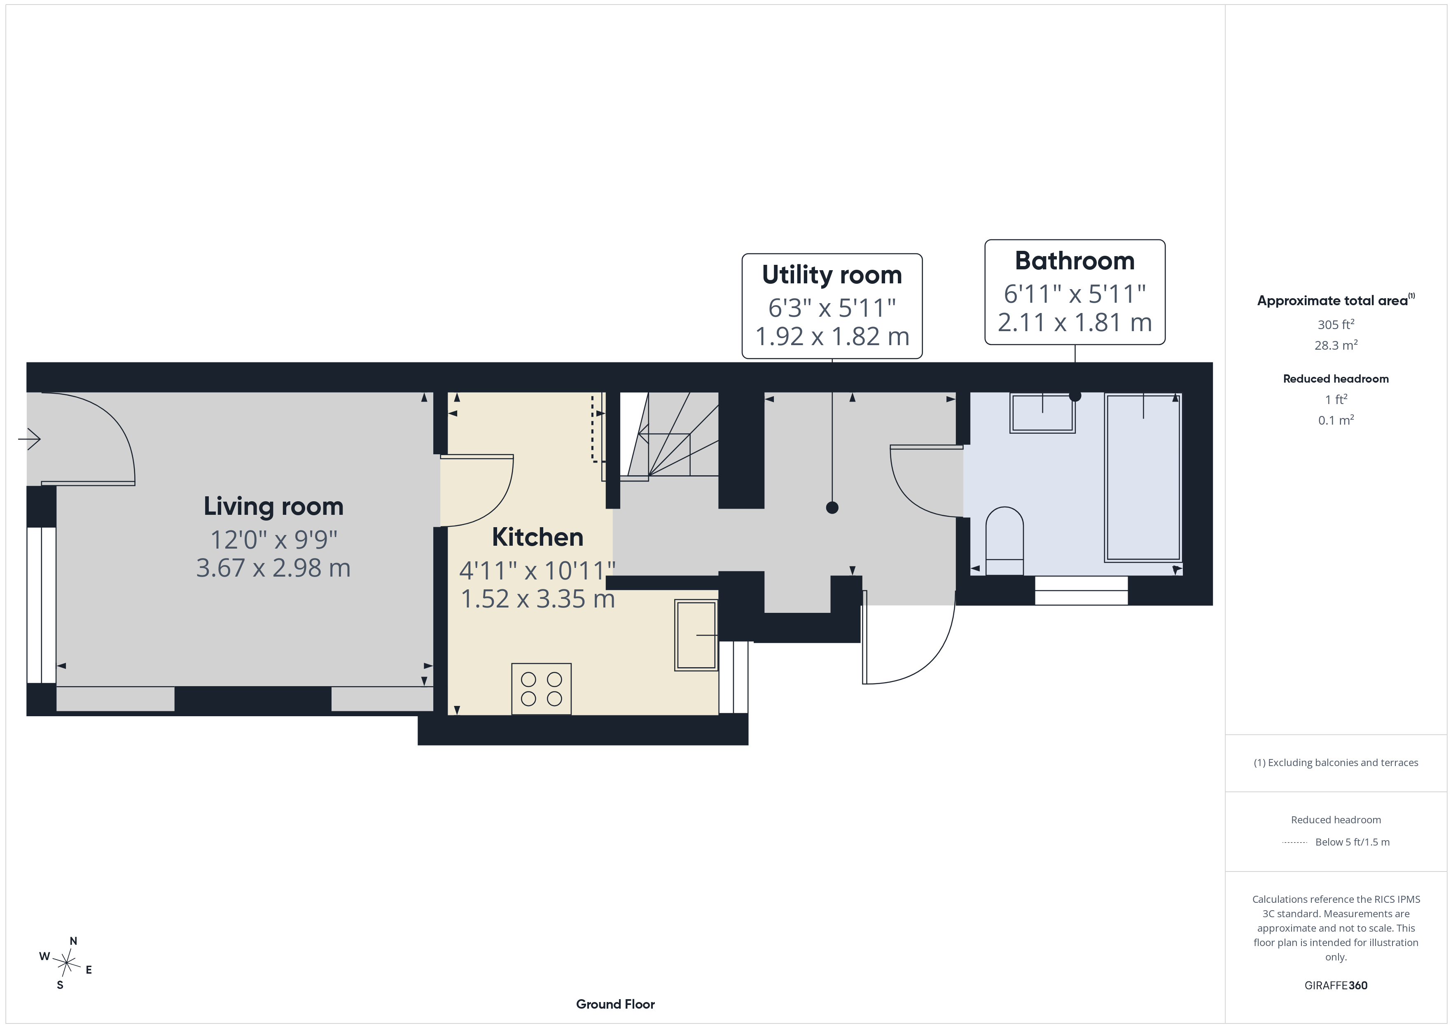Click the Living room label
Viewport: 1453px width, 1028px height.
coord(273,507)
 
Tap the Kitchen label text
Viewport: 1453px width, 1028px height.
coord(537,537)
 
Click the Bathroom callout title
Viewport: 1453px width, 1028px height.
coord(1075,261)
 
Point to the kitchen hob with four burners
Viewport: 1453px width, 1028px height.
coord(541,689)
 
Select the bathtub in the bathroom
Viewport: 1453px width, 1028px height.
coord(1142,477)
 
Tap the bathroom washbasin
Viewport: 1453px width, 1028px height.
coord(1042,413)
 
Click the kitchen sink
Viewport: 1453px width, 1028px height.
coord(696,635)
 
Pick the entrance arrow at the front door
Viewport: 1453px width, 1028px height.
coord(29,438)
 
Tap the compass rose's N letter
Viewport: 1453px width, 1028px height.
coord(73,941)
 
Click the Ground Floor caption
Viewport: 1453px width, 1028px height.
coord(615,1004)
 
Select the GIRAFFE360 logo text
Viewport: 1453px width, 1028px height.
coord(1336,986)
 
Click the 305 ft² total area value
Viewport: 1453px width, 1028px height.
coord(1336,324)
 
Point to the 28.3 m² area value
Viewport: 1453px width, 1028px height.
coord(1336,345)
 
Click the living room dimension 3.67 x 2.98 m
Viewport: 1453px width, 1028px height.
coord(273,568)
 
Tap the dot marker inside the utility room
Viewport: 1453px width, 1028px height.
coord(832,507)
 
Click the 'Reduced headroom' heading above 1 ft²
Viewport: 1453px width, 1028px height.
coord(1336,378)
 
